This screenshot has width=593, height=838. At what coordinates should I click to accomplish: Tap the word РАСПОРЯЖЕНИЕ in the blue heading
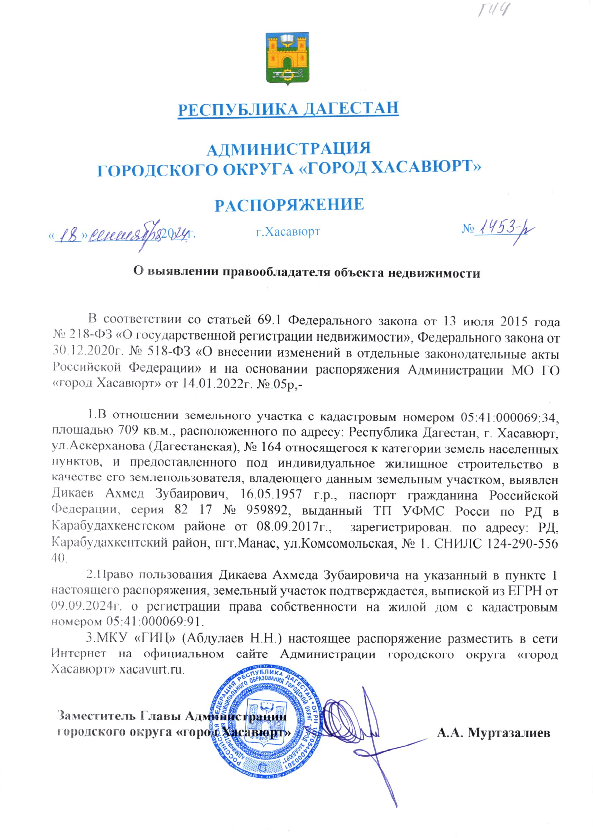pos(289,205)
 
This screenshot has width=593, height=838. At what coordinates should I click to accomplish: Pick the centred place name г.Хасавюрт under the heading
pos(288,232)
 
